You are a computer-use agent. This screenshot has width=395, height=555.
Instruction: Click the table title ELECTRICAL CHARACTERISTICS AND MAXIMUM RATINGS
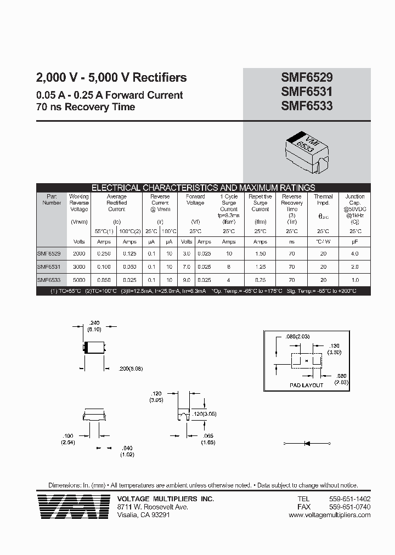click(203, 188)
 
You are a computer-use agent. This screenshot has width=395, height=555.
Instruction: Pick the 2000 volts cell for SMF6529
click(79, 254)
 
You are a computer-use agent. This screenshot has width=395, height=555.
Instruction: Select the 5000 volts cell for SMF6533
click(79, 280)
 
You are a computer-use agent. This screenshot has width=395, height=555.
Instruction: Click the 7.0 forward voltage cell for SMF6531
click(187, 267)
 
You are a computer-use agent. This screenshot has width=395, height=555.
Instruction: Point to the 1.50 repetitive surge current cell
click(260, 254)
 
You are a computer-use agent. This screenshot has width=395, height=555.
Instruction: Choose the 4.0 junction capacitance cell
click(354, 254)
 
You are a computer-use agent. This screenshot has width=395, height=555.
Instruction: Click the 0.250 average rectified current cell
click(103, 254)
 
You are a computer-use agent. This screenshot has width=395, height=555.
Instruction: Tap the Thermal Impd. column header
click(323, 200)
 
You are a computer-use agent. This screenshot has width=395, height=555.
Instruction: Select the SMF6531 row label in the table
click(48, 267)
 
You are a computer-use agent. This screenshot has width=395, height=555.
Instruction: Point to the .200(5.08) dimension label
click(130, 369)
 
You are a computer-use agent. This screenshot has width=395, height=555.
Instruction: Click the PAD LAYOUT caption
click(306, 385)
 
